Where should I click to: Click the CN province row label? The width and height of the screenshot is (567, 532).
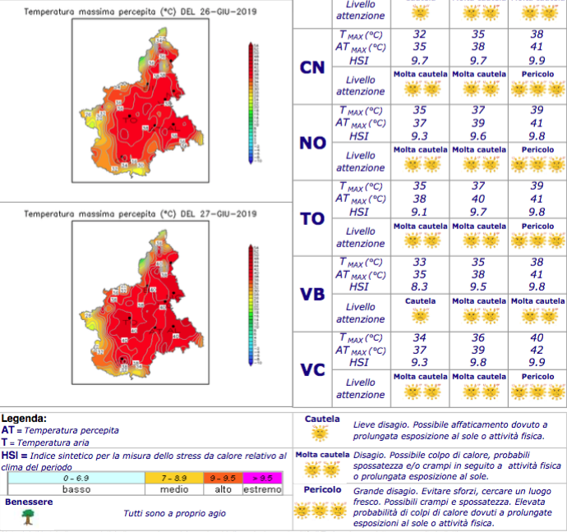pyautogui.click(x=311, y=67)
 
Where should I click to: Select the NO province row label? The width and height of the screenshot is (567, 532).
pyautogui.click(x=311, y=143)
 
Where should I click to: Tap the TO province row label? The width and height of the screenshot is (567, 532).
pyautogui.click(x=311, y=218)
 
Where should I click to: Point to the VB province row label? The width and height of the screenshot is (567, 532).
pyautogui.click(x=311, y=295)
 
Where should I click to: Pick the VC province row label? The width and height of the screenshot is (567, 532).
pyautogui.click(x=311, y=370)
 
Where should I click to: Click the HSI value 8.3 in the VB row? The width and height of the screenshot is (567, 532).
pyautogui.click(x=420, y=287)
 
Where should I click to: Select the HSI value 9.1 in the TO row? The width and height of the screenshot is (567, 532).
pyautogui.click(x=420, y=211)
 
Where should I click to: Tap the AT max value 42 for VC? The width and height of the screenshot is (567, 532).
pyautogui.click(x=537, y=351)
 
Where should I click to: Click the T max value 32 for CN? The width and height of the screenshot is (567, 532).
pyautogui.click(x=420, y=34)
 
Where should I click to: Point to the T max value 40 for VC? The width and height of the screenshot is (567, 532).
pyautogui.click(x=537, y=337)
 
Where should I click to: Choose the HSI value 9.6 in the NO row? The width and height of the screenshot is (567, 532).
pyautogui.click(x=479, y=135)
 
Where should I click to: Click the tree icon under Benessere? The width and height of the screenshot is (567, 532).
pyautogui.click(x=28, y=516)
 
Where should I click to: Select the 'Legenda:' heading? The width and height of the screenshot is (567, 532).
pyautogui.click(x=24, y=418)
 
